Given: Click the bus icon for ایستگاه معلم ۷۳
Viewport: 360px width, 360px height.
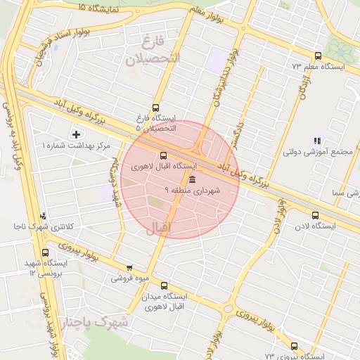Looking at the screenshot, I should [x=318, y=56].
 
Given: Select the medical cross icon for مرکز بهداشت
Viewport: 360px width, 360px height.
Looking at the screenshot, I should [x=76, y=134].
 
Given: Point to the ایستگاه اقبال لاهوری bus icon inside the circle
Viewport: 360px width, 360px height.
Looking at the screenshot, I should [x=164, y=155].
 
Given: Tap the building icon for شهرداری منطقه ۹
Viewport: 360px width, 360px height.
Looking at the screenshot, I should [x=193, y=180].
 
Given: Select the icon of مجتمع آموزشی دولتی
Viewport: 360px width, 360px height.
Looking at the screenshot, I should [x=318, y=141].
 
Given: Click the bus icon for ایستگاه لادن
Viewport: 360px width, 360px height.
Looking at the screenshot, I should [x=314, y=216].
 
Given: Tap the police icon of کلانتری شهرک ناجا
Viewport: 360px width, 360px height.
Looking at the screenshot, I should [x=44, y=217].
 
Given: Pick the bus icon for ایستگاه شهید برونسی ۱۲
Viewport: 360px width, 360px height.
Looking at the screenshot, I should [x=46, y=252].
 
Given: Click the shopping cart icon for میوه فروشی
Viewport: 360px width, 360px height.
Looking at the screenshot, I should [x=129, y=267].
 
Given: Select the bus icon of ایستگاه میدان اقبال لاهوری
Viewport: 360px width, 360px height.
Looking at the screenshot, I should [x=165, y=286].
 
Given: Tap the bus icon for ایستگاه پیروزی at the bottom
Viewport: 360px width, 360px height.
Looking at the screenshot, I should [x=293, y=346].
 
